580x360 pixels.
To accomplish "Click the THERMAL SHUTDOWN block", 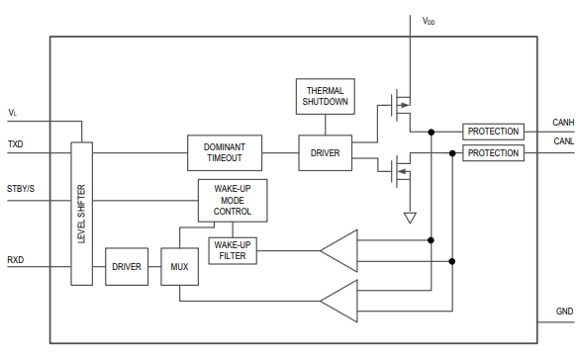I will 325,95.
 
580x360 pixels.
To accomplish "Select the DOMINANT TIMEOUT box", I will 225,152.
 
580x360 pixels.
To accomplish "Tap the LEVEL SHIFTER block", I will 81,214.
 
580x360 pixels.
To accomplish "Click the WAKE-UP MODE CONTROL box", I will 232,200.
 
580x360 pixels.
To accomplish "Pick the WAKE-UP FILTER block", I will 232,251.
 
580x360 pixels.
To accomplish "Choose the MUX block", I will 179,267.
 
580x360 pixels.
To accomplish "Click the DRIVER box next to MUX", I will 126,267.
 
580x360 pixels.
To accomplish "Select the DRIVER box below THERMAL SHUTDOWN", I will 325,153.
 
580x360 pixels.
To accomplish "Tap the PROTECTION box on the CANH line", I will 493,132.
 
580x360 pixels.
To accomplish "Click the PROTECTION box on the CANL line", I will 493,153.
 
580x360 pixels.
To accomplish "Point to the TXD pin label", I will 16,144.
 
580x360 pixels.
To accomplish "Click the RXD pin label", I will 16,259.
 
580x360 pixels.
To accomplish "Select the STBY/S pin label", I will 21,188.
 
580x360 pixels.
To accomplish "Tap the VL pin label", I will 13,113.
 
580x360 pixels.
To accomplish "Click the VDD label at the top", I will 429,21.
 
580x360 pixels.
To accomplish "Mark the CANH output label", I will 563,123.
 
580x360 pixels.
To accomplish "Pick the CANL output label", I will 563,141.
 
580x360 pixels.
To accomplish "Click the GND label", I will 564,311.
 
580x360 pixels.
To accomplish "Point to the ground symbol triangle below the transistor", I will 410,217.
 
